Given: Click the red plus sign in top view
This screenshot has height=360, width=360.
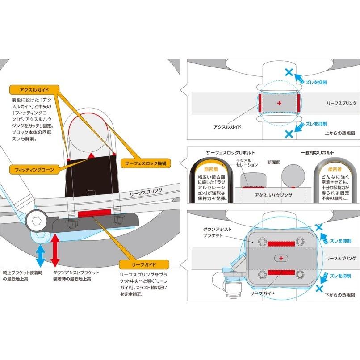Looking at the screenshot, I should click(280, 103).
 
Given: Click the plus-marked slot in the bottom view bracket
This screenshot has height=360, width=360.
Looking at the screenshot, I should click(280, 258).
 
